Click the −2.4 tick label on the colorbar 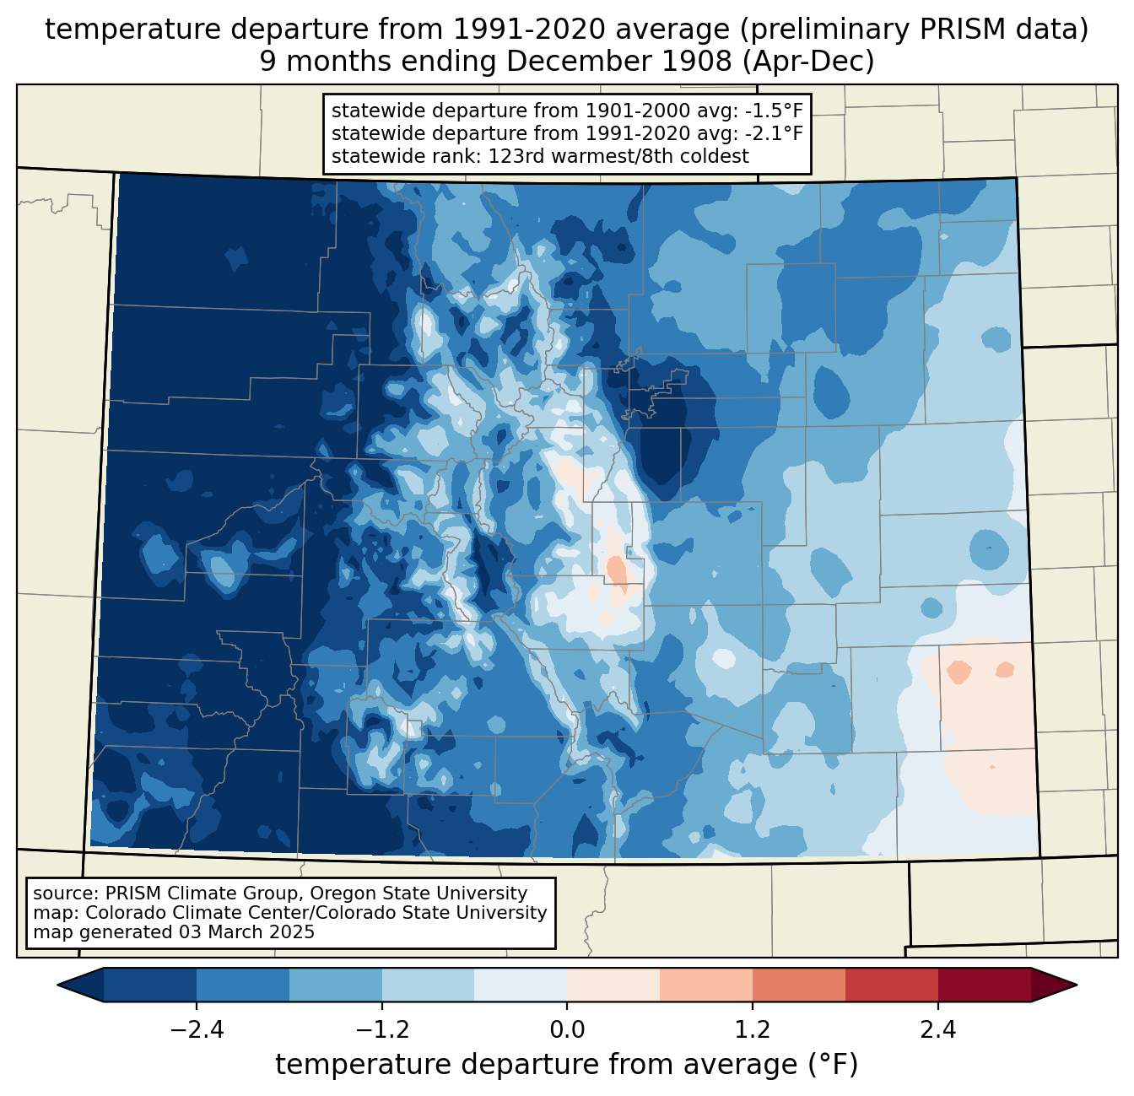pos(196,1030)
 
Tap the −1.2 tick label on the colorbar pos(381,1030)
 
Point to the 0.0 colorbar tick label pos(567,1030)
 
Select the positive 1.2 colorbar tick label pos(753,1030)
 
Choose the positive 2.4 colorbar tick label pos(938,1030)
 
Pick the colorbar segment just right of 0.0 pos(613,985)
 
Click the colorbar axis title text pos(567,1065)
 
